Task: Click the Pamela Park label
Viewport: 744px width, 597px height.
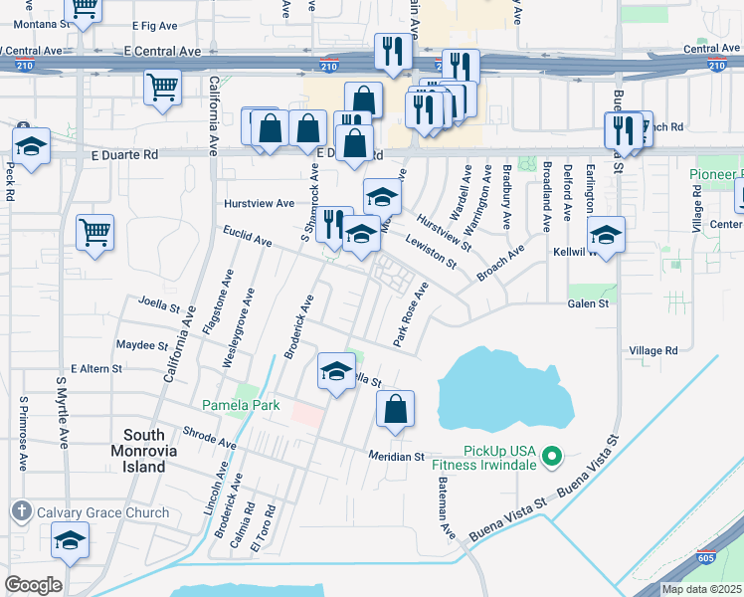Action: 241,405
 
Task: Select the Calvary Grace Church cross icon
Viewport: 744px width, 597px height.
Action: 22,512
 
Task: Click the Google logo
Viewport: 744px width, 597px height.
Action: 33,585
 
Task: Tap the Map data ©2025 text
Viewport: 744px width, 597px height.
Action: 701,589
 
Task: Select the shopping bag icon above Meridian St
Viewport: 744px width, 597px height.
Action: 395,409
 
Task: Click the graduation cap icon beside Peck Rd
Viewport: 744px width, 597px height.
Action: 31,146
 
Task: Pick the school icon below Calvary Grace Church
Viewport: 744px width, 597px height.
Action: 70,541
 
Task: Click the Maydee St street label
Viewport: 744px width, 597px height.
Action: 142,346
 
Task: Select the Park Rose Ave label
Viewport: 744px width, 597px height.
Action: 410,314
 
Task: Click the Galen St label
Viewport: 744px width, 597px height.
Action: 587,303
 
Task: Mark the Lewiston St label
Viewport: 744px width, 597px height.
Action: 430,252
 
